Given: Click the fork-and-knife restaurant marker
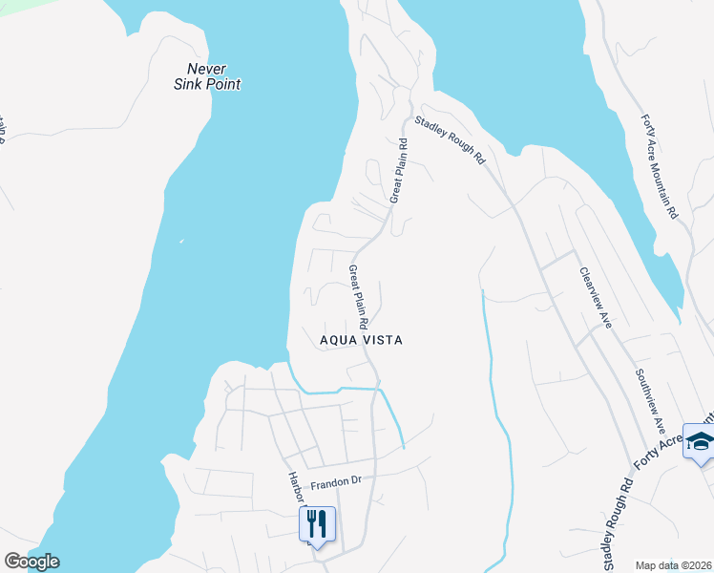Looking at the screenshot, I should (x=317, y=524).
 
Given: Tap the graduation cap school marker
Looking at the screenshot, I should (x=699, y=441).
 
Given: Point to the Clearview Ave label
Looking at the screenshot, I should (x=595, y=296).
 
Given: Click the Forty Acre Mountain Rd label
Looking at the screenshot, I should (x=660, y=167).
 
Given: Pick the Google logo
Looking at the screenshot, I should (x=31, y=562).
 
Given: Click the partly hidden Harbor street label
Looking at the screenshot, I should (x=295, y=487).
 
